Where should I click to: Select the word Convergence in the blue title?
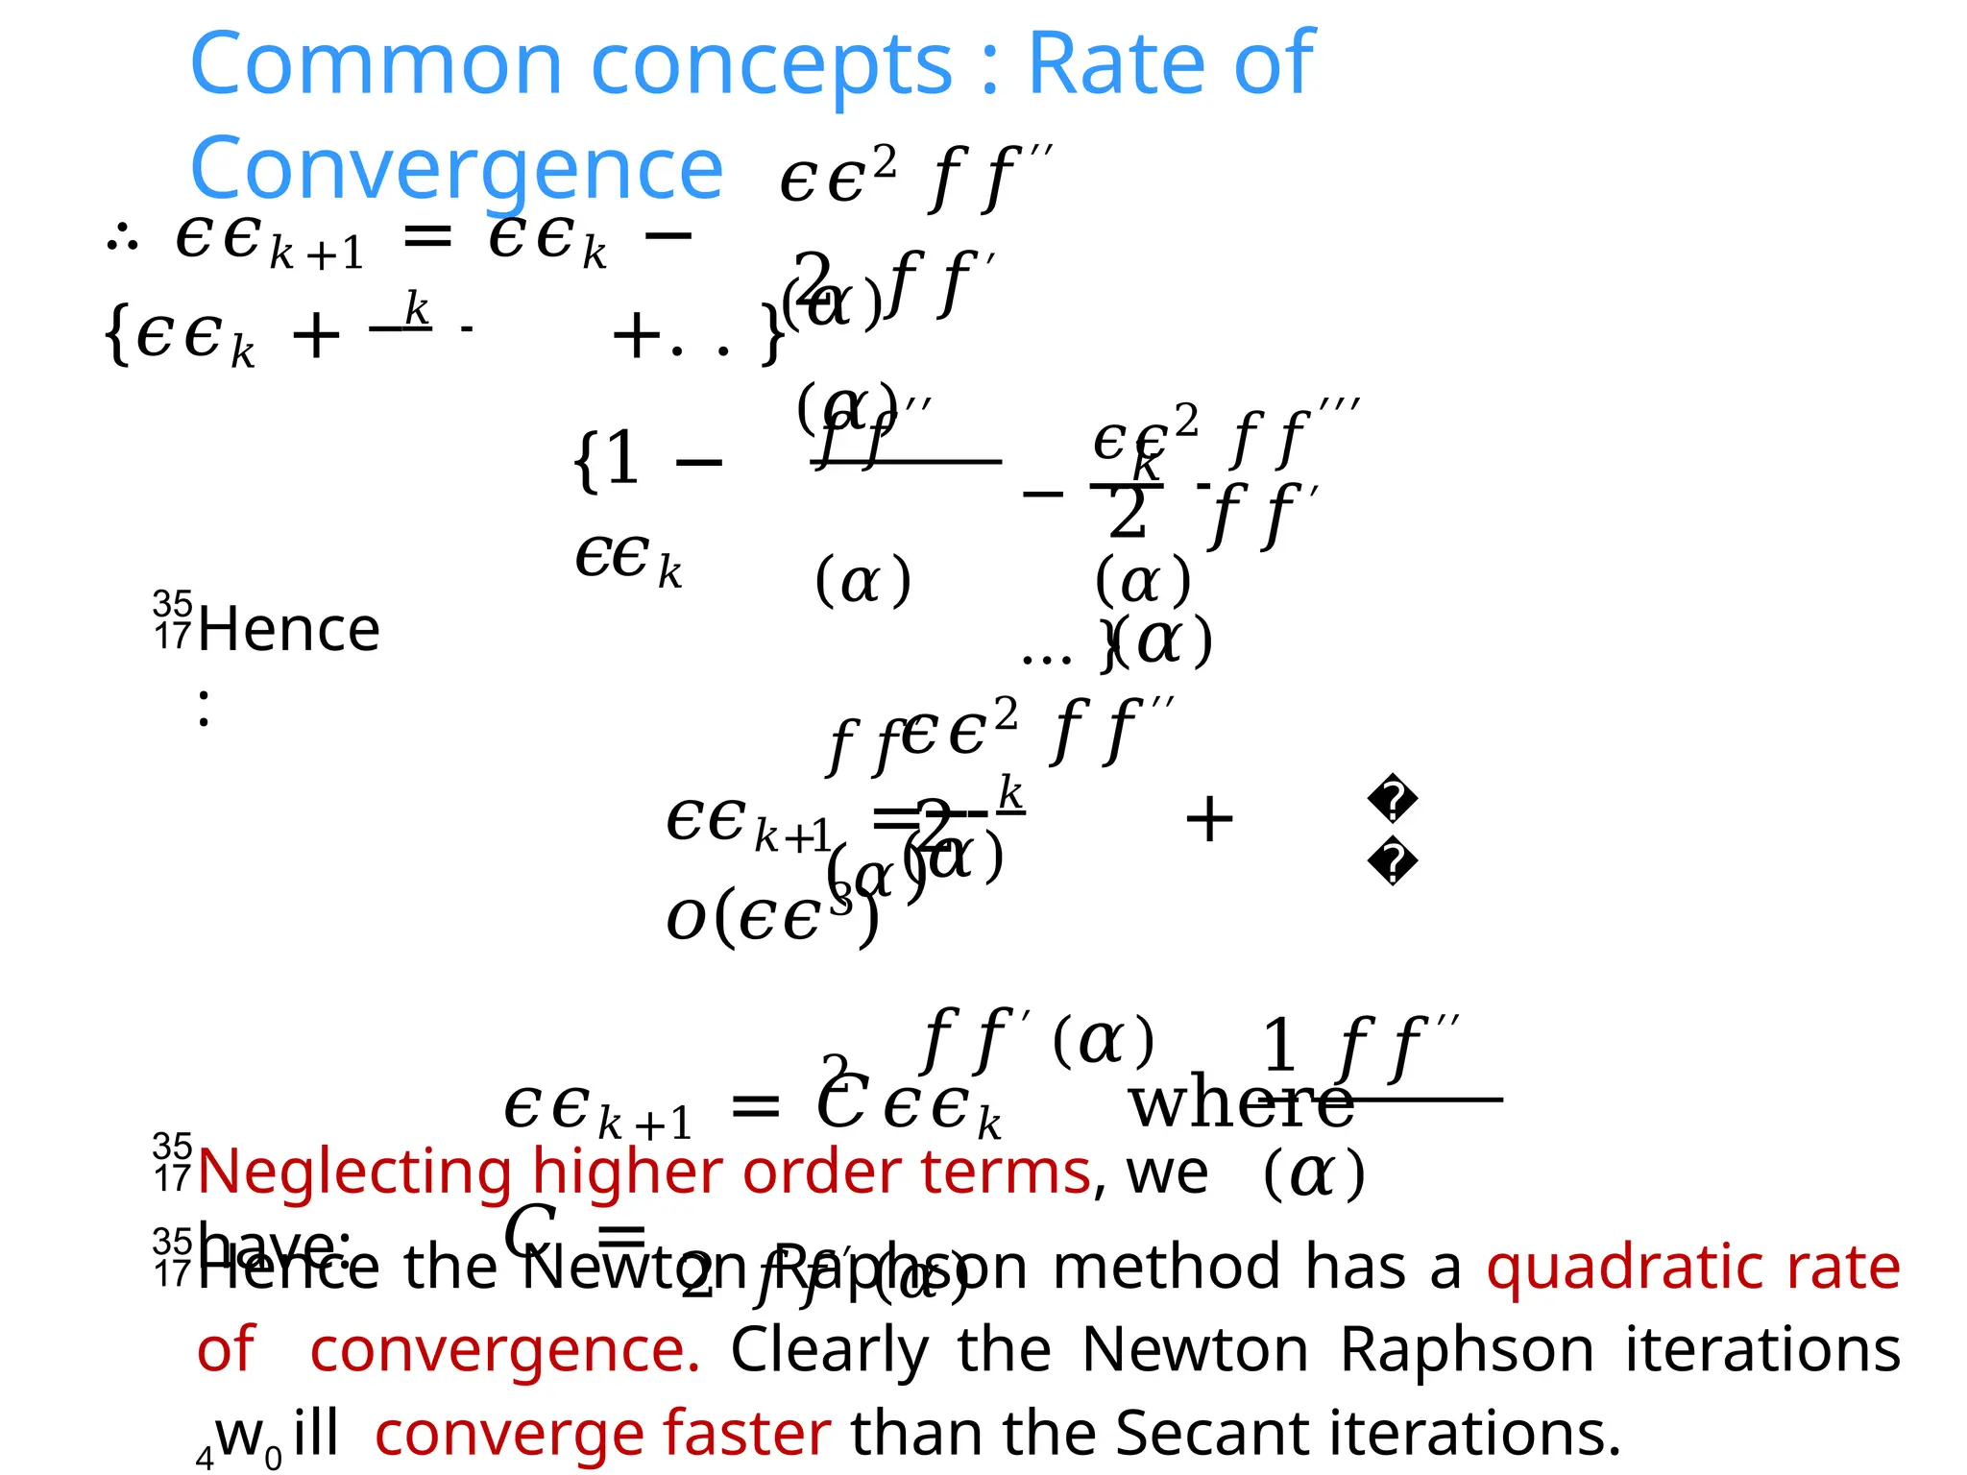coord(456,169)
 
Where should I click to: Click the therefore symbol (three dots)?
coord(122,237)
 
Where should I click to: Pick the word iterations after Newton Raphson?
coord(1762,1350)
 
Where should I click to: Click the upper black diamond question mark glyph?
coord(1393,800)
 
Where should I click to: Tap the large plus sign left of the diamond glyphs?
coord(1209,819)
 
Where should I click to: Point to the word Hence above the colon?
coord(289,630)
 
